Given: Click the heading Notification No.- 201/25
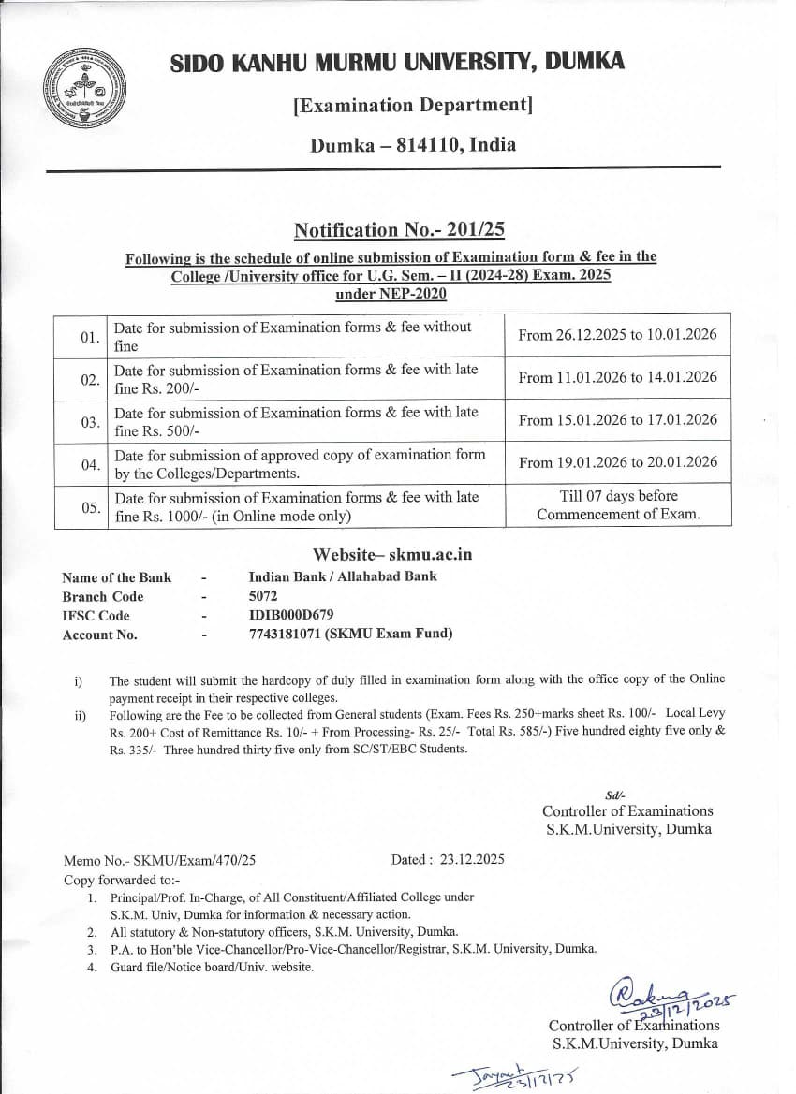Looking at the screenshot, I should (x=399, y=230).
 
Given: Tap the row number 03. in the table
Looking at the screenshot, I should (x=91, y=423).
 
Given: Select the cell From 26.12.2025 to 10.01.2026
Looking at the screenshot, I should (x=618, y=334).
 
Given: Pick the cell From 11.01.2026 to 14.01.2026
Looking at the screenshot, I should (x=618, y=377).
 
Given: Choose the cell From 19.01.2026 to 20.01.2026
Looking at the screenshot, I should (x=618, y=462).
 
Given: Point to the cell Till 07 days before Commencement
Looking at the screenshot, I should (x=618, y=505).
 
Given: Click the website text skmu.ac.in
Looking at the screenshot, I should (x=430, y=555).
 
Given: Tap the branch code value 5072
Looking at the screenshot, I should (x=263, y=596).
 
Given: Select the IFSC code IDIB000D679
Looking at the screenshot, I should (x=290, y=615).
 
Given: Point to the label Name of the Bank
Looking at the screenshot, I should (x=117, y=577).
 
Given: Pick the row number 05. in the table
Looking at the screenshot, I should (x=91, y=508).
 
